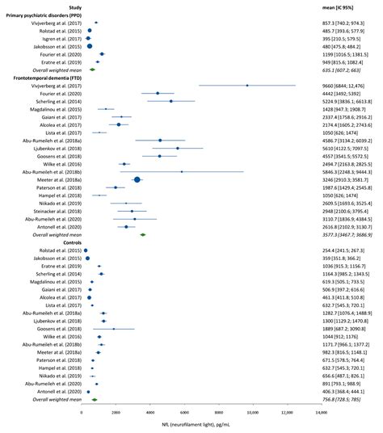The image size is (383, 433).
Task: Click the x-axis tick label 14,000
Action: pos(322,413)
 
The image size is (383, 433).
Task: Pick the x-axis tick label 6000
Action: pos(184,413)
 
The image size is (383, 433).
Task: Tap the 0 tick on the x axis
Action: pos(81,413)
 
